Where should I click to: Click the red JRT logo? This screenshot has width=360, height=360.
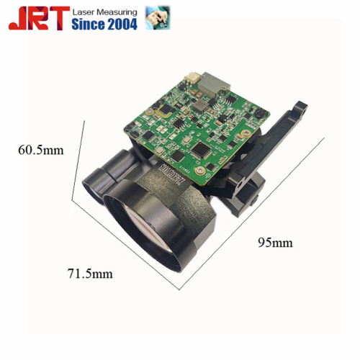pyautogui.click(x=39, y=18)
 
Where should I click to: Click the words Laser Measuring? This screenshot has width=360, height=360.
pyautogui.click(x=105, y=12)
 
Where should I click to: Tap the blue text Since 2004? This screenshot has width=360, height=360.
pyautogui.click(x=104, y=24)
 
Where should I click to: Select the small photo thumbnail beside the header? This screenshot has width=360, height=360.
pyautogui.click(x=158, y=18)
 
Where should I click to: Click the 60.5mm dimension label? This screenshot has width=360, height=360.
pyautogui.click(x=41, y=150)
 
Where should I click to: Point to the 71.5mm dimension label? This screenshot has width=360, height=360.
pyautogui.click(x=90, y=274)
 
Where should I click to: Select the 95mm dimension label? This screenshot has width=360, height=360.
pyautogui.click(x=275, y=243)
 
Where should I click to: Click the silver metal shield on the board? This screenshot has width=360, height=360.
pyautogui.click(x=213, y=84)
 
